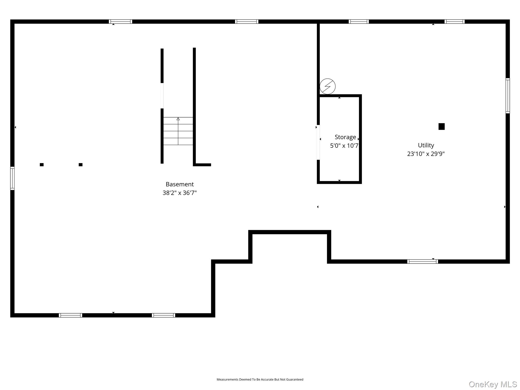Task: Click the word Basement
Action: [180, 184]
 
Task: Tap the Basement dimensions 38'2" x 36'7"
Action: [180, 193]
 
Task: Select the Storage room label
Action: [345, 137]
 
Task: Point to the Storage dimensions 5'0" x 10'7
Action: [344, 146]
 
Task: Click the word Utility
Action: [426, 145]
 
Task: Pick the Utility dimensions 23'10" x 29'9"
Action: [426, 154]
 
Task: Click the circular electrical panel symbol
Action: [327, 86]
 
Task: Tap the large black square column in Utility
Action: [441, 126]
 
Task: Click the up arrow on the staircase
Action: [178, 119]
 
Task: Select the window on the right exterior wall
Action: [508, 96]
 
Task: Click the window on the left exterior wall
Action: [12, 178]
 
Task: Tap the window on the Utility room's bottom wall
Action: [422, 262]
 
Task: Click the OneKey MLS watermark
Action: [493, 384]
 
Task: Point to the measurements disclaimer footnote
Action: [260, 379]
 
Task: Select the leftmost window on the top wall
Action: [120, 22]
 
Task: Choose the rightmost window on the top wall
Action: [454, 22]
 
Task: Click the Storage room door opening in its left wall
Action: [318, 142]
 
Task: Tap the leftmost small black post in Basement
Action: [42, 165]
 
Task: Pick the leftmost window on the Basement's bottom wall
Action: [70, 315]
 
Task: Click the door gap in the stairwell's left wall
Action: [162, 96]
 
